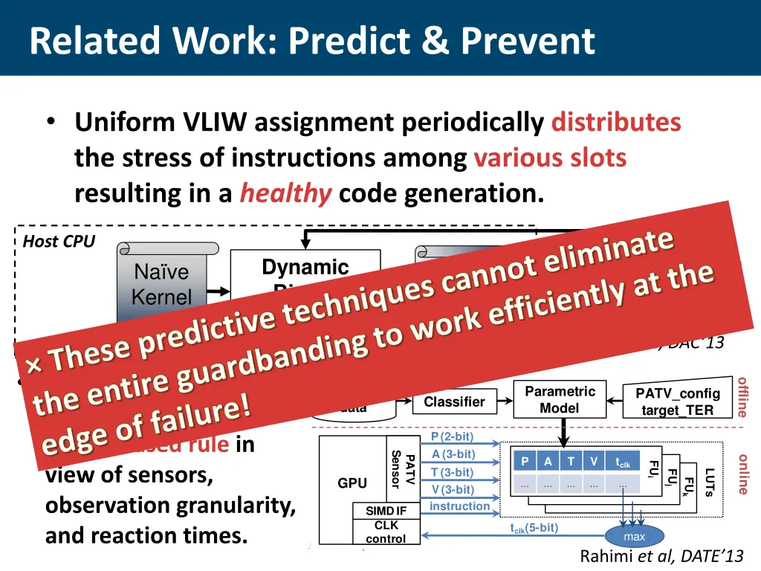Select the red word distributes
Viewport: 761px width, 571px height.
tap(616, 122)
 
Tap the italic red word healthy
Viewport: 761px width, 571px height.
tap(285, 194)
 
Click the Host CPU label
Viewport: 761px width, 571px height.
tap(59, 242)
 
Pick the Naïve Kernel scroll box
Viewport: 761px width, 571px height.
tap(162, 285)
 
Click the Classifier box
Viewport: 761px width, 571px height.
tap(453, 402)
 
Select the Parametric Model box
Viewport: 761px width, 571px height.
tap(560, 399)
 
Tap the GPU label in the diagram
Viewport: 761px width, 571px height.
tap(352, 483)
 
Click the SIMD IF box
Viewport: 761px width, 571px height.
tap(386, 511)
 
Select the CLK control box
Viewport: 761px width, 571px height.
tap(386, 532)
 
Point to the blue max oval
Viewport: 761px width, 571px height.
tap(634, 537)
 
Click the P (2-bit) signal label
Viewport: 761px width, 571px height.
tap(452, 436)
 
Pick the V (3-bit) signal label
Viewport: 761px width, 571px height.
tap(452, 489)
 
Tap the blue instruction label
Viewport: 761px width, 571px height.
tap(460, 506)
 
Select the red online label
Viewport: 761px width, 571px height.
tap(742, 474)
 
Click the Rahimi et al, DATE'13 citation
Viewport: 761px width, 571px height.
tap(661, 556)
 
